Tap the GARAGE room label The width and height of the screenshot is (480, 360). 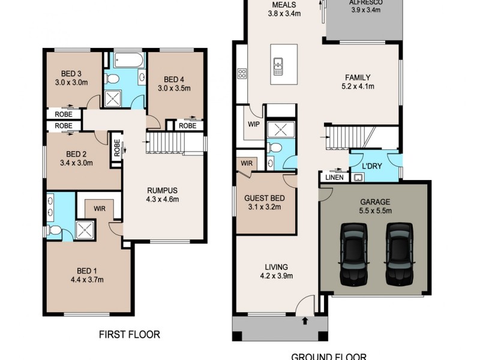(375, 202)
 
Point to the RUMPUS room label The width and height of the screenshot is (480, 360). (163, 190)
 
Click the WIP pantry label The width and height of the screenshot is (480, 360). (253, 125)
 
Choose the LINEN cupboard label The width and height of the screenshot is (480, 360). (334, 177)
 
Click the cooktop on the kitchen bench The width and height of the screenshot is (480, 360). (243, 74)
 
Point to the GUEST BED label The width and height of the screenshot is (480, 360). (265, 198)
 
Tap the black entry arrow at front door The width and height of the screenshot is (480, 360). (305, 321)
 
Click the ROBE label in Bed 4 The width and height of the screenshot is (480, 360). (188, 126)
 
